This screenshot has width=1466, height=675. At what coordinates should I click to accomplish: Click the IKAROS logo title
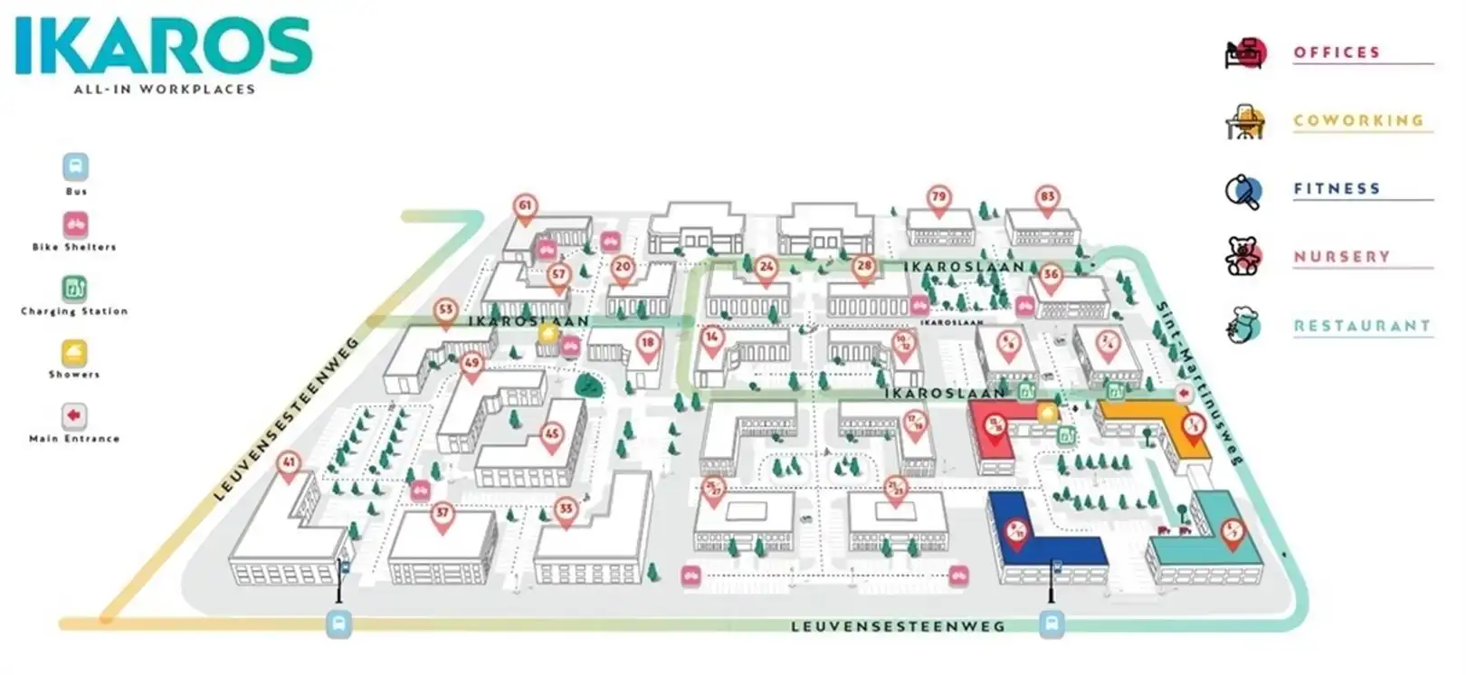click(164, 46)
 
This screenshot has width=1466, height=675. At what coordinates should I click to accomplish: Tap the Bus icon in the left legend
click(76, 167)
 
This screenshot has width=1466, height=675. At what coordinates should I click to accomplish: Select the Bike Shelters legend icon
click(75, 223)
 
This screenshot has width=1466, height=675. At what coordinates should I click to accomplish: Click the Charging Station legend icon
click(74, 289)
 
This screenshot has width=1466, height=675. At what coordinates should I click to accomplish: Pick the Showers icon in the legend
click(74, 352)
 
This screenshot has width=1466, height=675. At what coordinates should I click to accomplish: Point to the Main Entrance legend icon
click(74, 415)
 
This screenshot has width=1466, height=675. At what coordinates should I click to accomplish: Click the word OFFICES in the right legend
click(1337, 52)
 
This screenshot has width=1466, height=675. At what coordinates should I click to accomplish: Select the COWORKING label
click(1358, 120)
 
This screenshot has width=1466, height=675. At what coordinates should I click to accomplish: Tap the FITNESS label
click(1337, 188)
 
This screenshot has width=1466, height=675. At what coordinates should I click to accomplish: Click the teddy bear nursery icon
click(1242, 256)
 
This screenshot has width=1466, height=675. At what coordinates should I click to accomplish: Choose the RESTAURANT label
click(1361, 326)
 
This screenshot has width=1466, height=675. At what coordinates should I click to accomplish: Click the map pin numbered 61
click(525, 207)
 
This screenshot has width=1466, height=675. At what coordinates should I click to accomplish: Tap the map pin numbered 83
click(1047, 198)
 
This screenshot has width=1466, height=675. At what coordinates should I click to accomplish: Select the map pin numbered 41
click(289, 464)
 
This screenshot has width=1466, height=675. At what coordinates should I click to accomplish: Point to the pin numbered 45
click(552, 436)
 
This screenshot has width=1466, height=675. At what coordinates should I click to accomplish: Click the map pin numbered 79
click(938, 198)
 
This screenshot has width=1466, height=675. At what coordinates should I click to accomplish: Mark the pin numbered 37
click(442, 515)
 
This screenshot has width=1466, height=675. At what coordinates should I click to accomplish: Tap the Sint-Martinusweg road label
click(1198, 380)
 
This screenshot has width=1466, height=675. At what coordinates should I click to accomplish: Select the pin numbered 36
click(1050, 276)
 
